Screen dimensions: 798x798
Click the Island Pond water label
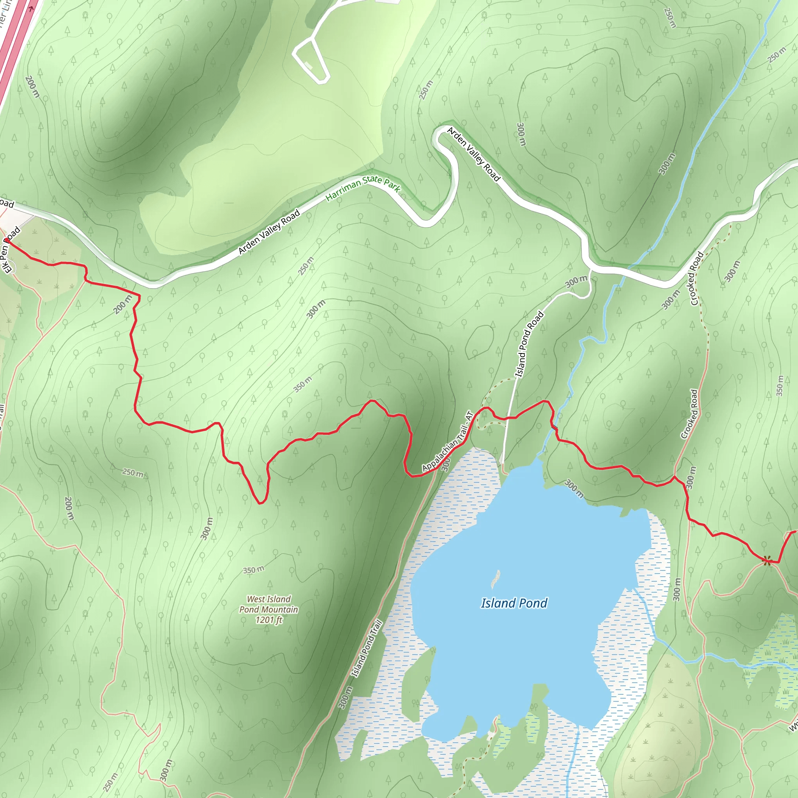point(514,603)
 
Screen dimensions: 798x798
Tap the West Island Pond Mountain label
point(268,604)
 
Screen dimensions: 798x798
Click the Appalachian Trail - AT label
point(447,441)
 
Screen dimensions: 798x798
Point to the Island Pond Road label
point(529,344)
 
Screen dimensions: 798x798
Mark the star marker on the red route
point(766,560)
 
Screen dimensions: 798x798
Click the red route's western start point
point(6,239)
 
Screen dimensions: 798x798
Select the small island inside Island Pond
point(495,579)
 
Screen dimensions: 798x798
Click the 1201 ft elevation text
point(268,620)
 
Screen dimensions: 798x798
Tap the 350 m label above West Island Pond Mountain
point(253,570)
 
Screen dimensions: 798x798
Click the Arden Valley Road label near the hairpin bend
point(473,154)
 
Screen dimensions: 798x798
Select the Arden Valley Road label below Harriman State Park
point(269,232)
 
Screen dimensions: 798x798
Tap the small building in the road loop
point(308,65)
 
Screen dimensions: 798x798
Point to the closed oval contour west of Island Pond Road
point(480,341)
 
